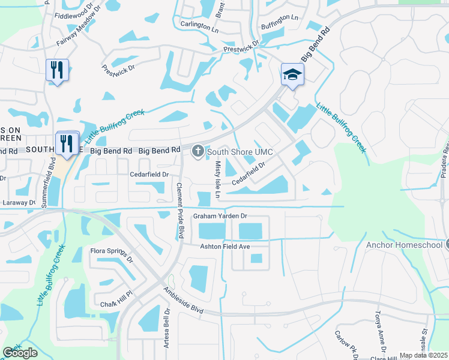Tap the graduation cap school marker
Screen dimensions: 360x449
(x=292, y=74)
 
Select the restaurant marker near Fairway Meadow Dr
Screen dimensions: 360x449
(x=57, y=70)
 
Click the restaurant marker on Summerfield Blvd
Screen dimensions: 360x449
(x=67, y=143)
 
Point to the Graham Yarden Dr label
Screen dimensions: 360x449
(x=220, y=216)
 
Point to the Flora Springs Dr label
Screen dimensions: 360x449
(x=111, y=254)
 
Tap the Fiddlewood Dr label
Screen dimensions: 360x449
(x=74, y=15)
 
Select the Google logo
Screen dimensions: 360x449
(x=20, y=353)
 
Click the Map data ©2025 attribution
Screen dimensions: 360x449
(x=423, y=355)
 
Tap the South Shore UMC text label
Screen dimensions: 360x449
(x=236, y=152)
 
